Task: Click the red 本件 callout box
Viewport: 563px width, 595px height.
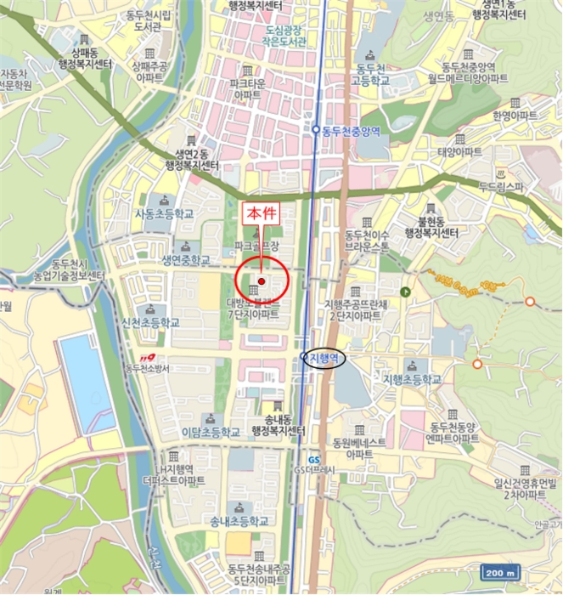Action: point(260,213)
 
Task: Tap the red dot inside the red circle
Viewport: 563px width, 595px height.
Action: point(262,281)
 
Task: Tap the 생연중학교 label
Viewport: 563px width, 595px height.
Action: point(186,259)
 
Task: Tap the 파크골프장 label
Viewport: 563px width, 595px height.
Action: point(257,246)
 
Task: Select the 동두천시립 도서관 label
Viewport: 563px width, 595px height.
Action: point(157,20)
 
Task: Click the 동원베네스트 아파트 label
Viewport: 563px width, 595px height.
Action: point(359,448)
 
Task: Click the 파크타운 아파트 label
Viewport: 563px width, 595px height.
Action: point(246,89)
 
